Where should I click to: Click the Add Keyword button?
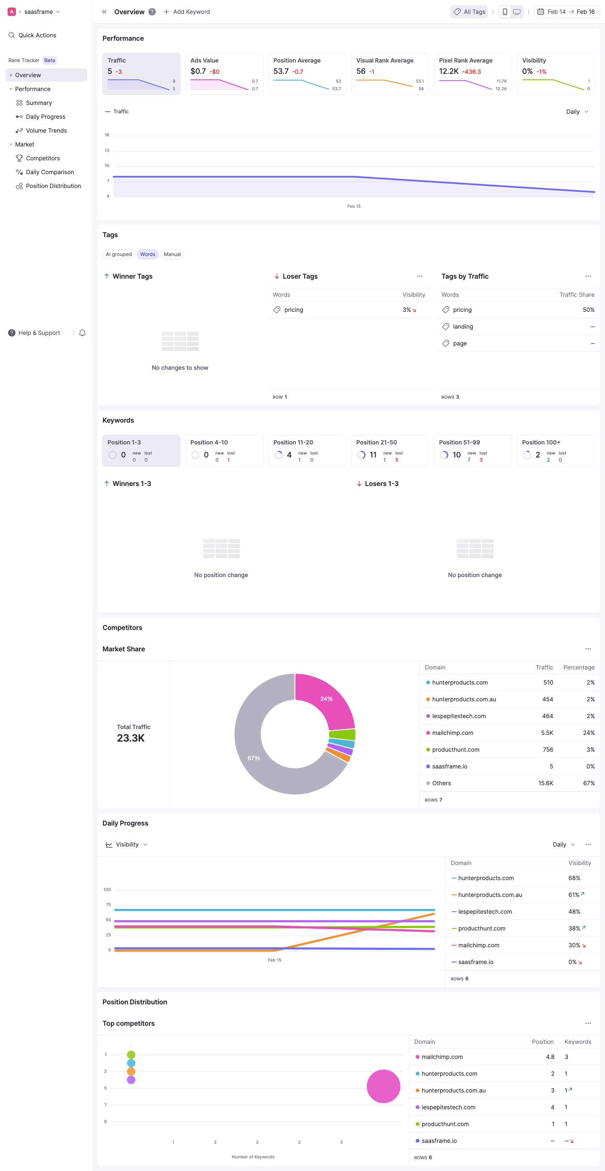[x=187, y=12]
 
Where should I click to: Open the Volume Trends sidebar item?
[x=46, y=131]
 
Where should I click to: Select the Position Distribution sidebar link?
[x=53, y=186]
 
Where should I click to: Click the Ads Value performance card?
[x=224, y=73]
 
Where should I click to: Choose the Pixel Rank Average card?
[x=472, y=73]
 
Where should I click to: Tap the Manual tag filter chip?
[x=172, y=254]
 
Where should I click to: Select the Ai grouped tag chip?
[x=118, y=254]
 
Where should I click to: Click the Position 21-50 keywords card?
[x=389, y=450]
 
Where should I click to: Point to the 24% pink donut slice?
[x=326, y=698]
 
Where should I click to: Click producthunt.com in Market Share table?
[x=455, y=750]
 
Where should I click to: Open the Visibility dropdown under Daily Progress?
[x=127, y=844]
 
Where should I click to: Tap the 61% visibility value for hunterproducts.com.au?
[x=573, y=894]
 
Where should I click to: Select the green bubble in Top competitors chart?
[x=131, y=1054]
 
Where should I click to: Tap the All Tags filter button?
[x=469, y=12]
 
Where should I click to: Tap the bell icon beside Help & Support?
[x=82, y=333]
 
